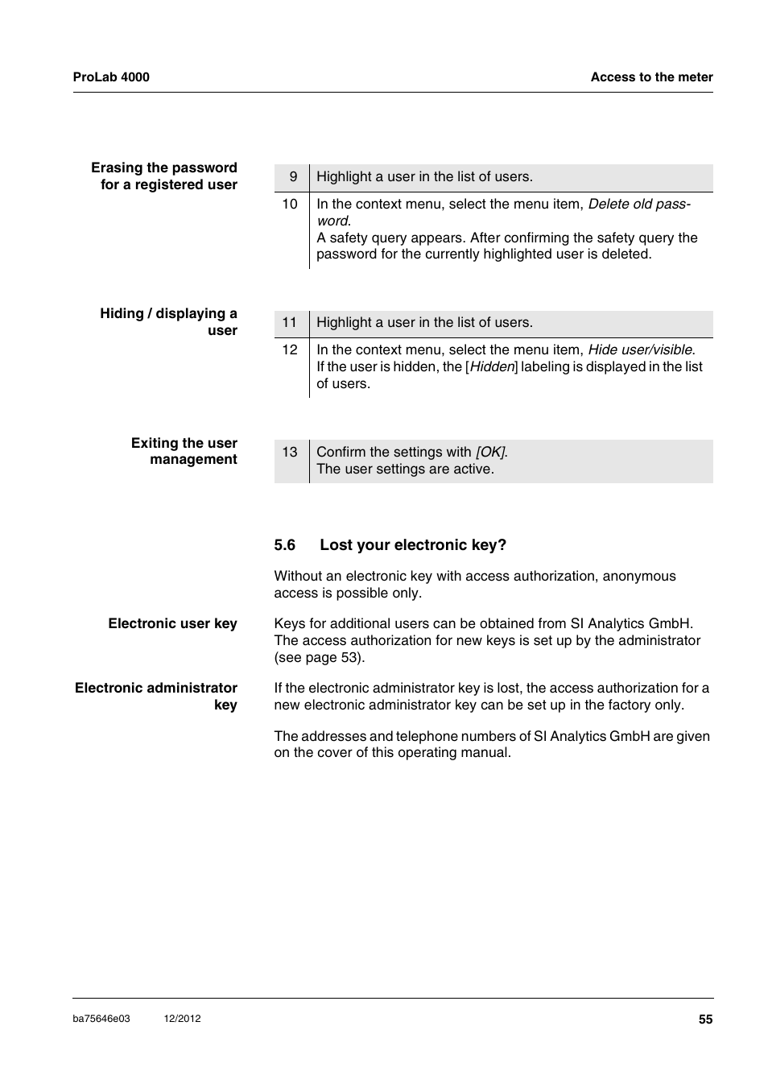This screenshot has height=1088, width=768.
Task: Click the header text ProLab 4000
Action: pos(111,77)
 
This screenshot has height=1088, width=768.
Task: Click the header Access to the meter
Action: pos(651,77)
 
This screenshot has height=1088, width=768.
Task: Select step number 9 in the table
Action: pos(293,177)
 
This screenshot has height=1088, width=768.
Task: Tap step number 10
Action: pos(290,205)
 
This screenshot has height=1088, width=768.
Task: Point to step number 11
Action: pos(290,323)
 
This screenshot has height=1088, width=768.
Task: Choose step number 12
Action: pos(290,350)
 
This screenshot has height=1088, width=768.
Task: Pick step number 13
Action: pos(290,453)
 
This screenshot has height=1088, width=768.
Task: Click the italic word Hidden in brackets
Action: pos(492,367)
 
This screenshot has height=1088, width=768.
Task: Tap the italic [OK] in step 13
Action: pos(491,453)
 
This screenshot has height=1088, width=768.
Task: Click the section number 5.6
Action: pos(285,545)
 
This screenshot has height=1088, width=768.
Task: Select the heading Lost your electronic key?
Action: pos(413,545)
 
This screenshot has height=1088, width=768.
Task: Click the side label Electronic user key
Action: pos(172,624)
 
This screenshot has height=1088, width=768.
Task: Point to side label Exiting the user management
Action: pos(184,452)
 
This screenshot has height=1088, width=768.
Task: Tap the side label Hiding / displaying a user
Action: pos(169,322)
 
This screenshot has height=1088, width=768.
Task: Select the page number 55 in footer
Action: pos(705,1020)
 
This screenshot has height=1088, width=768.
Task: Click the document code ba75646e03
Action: pos(101,1019)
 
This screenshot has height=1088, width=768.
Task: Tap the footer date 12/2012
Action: pos(182,1019)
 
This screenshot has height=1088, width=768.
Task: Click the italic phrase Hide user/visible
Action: pos(641,350)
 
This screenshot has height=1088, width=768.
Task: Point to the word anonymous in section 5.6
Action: pos(639,577)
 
